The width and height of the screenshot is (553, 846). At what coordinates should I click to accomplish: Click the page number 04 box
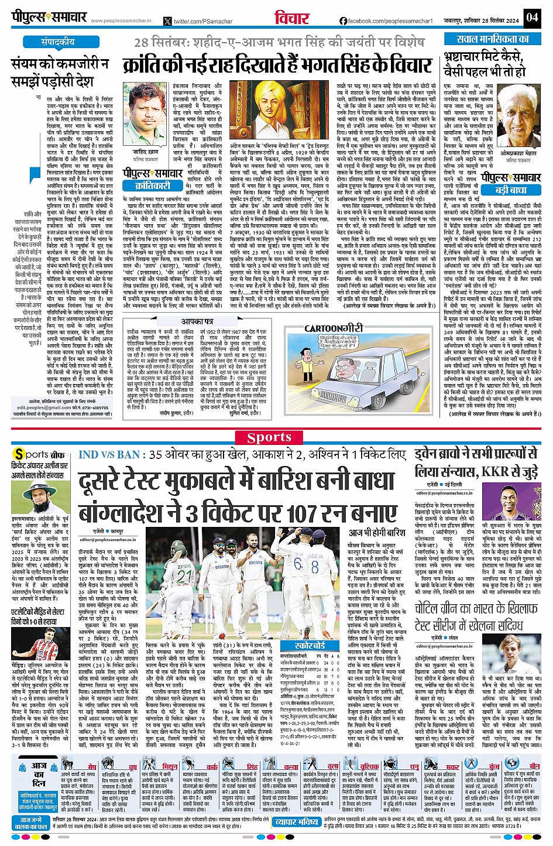point(531,17)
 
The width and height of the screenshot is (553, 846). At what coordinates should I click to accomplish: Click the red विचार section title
point(292,18)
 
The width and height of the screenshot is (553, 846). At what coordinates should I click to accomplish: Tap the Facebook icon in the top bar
point(344,21)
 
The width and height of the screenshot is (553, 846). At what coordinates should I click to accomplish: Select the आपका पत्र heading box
point(196,321)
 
